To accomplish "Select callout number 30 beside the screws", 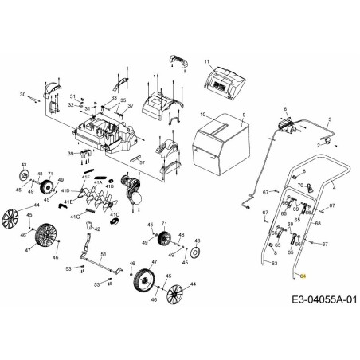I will tap(22, 94).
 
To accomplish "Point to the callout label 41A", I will tap(100, 182).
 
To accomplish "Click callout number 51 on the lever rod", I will tap(103, 253).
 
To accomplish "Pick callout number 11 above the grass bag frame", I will tap(205, 62).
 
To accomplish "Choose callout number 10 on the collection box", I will tap(203, 115).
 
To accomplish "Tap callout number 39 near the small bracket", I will tap(71, 153).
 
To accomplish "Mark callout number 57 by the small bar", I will tap(142, 162).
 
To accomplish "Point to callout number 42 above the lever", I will tap(98, 228).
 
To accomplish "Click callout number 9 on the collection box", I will tap(245, 115).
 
